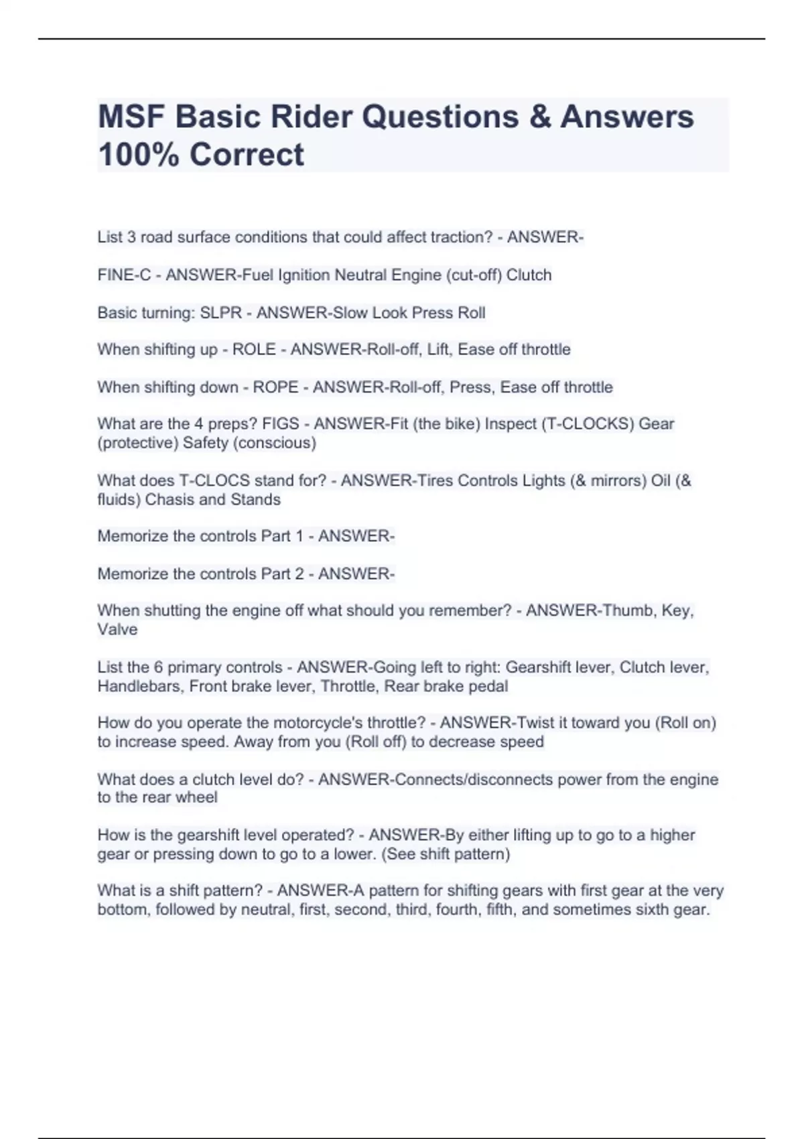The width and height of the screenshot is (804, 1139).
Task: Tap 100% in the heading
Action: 138,155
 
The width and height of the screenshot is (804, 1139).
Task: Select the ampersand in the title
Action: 539,117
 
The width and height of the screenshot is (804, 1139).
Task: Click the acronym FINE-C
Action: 124,275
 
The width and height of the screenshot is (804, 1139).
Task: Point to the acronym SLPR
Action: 220,313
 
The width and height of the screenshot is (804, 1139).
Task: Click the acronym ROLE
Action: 254,350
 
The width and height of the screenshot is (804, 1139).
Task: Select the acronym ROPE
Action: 275,387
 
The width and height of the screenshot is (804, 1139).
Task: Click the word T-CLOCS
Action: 220,480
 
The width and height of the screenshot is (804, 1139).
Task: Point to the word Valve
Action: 117,630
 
